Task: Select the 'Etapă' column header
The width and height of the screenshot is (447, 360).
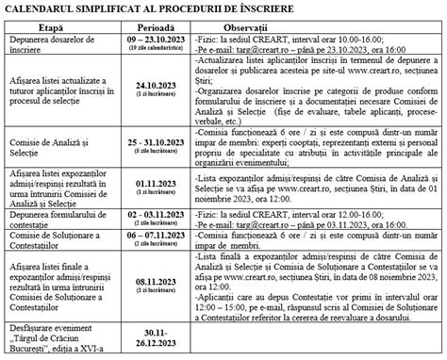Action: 62,26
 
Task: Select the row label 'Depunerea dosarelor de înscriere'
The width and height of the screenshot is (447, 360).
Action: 63,43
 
